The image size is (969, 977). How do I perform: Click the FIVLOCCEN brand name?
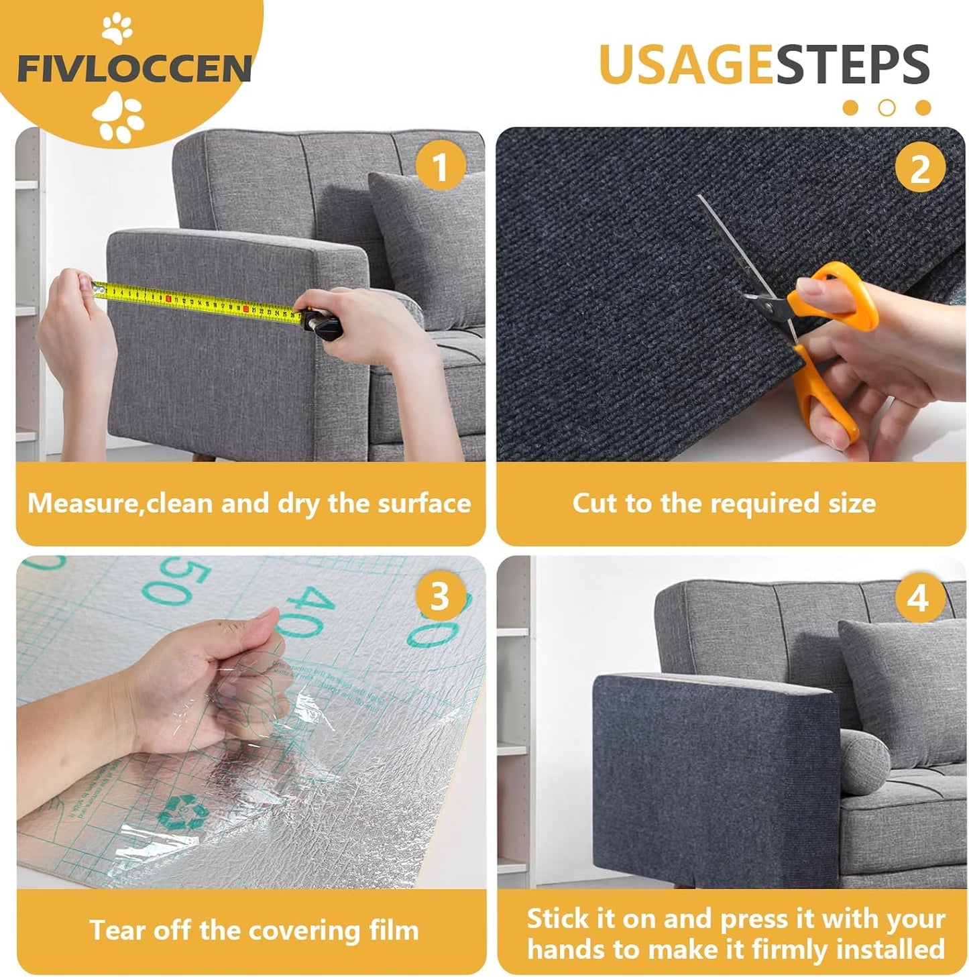tap(134, 69)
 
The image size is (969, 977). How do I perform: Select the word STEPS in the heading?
tap(852, 64)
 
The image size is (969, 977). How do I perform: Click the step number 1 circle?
tap(440, 166)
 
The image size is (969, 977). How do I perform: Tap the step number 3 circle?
tap(439, 595)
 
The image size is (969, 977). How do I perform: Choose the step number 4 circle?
tap(918, 597)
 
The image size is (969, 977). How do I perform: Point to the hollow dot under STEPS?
tap(887, 107)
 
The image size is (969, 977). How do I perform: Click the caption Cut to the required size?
tap(724, 503)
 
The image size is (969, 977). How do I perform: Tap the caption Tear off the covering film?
tap(254, 930)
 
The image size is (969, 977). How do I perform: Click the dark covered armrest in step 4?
tap(711, 771)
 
